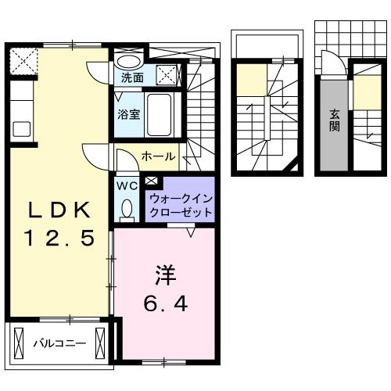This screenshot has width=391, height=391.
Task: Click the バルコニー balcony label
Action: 59,342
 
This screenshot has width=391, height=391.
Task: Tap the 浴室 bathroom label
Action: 128,113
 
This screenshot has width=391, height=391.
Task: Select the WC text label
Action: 127,186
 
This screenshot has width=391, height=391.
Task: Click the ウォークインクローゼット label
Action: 180,206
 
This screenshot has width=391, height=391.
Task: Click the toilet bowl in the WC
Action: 127,209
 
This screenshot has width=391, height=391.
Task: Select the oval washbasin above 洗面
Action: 129,60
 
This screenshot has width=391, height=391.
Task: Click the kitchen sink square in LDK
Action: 20,127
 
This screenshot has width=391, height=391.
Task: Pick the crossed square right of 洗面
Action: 165,75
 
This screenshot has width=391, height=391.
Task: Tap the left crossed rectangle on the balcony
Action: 20,342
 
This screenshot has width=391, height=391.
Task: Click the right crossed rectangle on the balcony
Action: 101,342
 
